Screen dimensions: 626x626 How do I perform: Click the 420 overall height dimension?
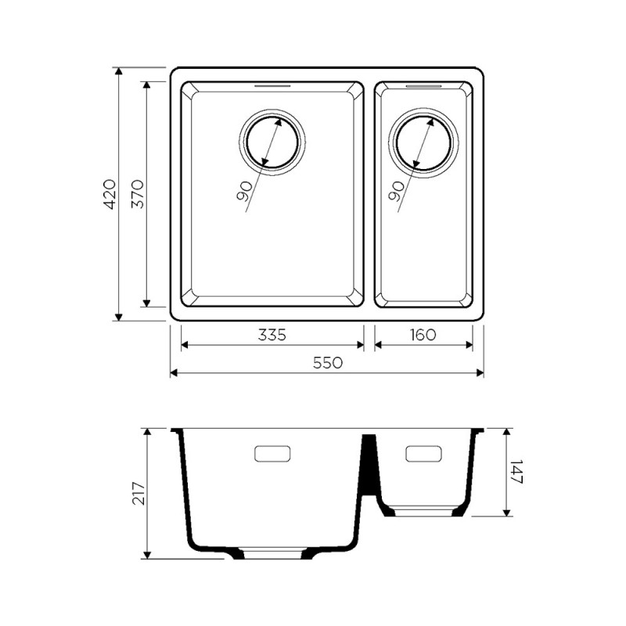pos(109,194)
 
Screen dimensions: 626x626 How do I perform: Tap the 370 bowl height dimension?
pos(138,194)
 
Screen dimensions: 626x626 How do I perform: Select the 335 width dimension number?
pos(272,335)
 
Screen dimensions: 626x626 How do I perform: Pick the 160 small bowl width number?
pos(423,335)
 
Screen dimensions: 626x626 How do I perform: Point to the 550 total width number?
pos(327,362)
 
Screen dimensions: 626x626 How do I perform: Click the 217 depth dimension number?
pos(139,494)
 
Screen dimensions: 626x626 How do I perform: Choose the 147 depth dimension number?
pos(516,472)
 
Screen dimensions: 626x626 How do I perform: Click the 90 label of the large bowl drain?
pos(244,191)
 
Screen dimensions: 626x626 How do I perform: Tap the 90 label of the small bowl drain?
pos(396,191)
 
